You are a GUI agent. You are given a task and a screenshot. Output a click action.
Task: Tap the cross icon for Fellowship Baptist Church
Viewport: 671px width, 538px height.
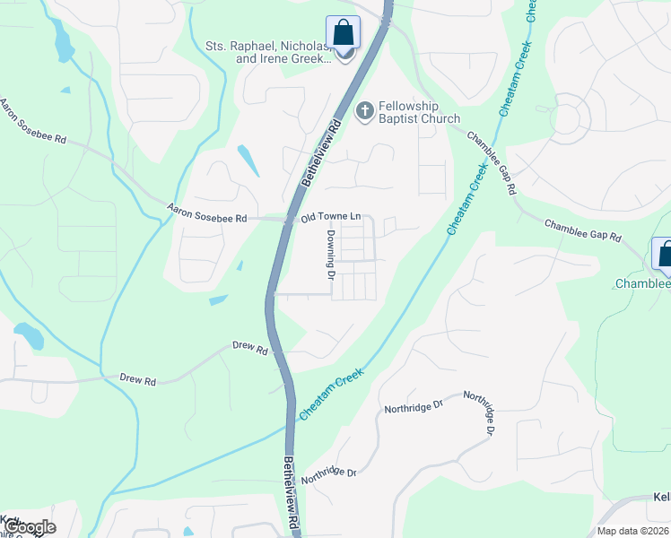[x=364, y=111]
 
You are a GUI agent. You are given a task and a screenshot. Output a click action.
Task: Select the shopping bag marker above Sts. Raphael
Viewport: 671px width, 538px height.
[x=343, y=33]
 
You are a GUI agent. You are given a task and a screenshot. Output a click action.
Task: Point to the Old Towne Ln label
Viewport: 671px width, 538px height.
[x=330, y=217]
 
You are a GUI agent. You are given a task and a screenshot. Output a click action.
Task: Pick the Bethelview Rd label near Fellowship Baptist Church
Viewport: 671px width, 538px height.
[x=322, y=153]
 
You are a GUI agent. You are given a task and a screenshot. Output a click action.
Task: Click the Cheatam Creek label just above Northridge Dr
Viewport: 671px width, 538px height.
[x=331, y=395]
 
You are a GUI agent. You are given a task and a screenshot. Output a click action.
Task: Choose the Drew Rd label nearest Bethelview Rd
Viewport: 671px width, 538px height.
[x=250, y=347]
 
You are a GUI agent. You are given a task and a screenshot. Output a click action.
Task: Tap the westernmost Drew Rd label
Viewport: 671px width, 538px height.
[x=138, y=380]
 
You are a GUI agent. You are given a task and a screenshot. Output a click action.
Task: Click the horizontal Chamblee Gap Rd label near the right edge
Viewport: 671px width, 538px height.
[x=582, y=232]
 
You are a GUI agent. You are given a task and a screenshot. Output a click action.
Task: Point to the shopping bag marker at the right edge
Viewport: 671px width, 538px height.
[x=664, y=255]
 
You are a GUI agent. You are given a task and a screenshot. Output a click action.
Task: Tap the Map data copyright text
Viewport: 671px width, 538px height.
[x=632, y=531]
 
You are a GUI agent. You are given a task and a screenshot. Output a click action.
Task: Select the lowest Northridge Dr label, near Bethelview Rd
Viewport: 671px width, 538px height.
[x=328, y=473]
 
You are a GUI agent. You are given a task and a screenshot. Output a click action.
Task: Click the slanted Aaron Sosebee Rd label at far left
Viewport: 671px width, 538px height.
[x=34, y=123]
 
